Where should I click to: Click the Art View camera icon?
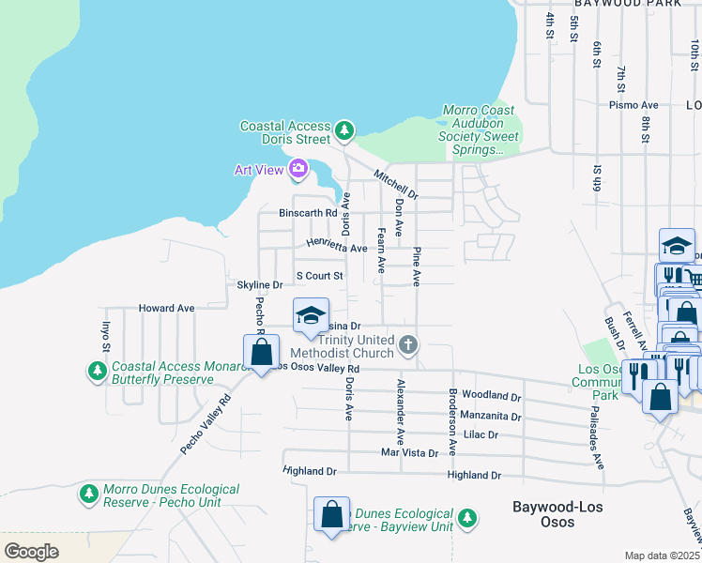pyautogui.click(x=298, y=169)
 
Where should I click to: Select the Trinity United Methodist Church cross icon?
pyautogui.click(x=407, y=345)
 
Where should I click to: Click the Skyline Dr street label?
pyautogui.click(x=259, y=284)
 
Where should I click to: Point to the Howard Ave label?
pyautogui.click(x=166, y=308)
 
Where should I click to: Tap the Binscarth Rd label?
pyautogui.click(x=308, y=213)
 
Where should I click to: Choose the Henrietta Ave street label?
pyautogui.click(x=335, y=247)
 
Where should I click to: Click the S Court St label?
pyautogui.click(x=320, y=276)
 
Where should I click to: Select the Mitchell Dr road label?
pyautogui.click(x=395, y=183)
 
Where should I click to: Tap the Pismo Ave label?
pyautogui.click(x=633, y=105)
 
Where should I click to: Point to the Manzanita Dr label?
pyautogui.click(x=491, y=416)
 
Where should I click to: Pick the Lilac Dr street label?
pyautogui.click(x=481, y=434)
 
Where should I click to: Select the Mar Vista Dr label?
pyautogui.click(x=409, y=452)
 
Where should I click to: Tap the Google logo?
pyautogui.click(x=31, y=551)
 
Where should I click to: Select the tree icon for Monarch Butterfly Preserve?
pyautogui.click(x=97, y=373)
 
